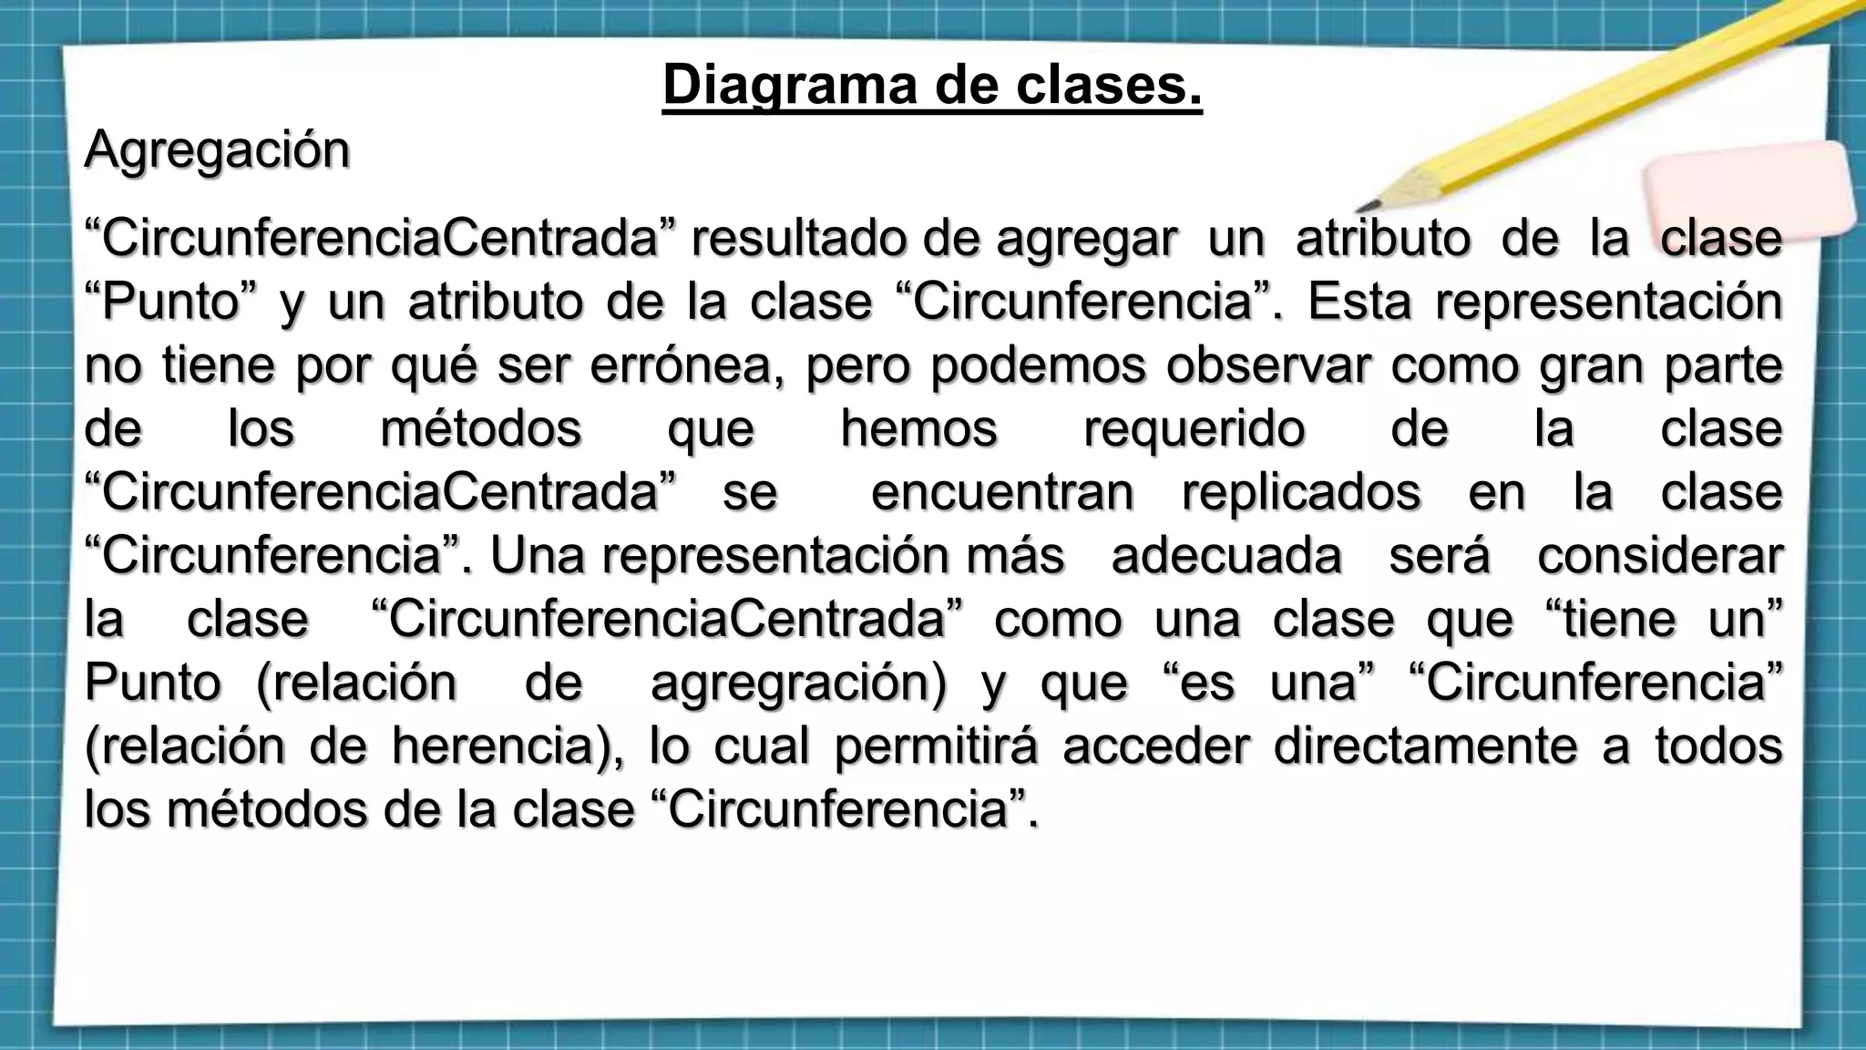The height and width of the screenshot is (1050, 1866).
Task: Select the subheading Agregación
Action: pyautogui.click(x=217, y=150)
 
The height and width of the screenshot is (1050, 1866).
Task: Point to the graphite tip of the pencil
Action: pyautogui.click(x=1364, y=207)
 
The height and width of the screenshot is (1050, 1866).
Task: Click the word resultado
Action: pyautogui.click(x=798, y=239)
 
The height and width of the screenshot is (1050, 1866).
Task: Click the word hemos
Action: pyautogui.click(x=918, y=429)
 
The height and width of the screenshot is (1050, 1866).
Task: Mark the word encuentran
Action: pyautogui.click(x=1002, y=493)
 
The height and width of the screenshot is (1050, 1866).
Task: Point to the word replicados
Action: pyautogui.click(x=1301, y=493)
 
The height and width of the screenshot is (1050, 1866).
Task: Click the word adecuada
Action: pyautogui.click(x=1226, y=556)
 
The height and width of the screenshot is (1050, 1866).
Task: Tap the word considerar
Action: pyautogui.click(x=1659, y=556)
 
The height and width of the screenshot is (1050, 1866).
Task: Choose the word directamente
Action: pyautogui.click(x=1425, y=746)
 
